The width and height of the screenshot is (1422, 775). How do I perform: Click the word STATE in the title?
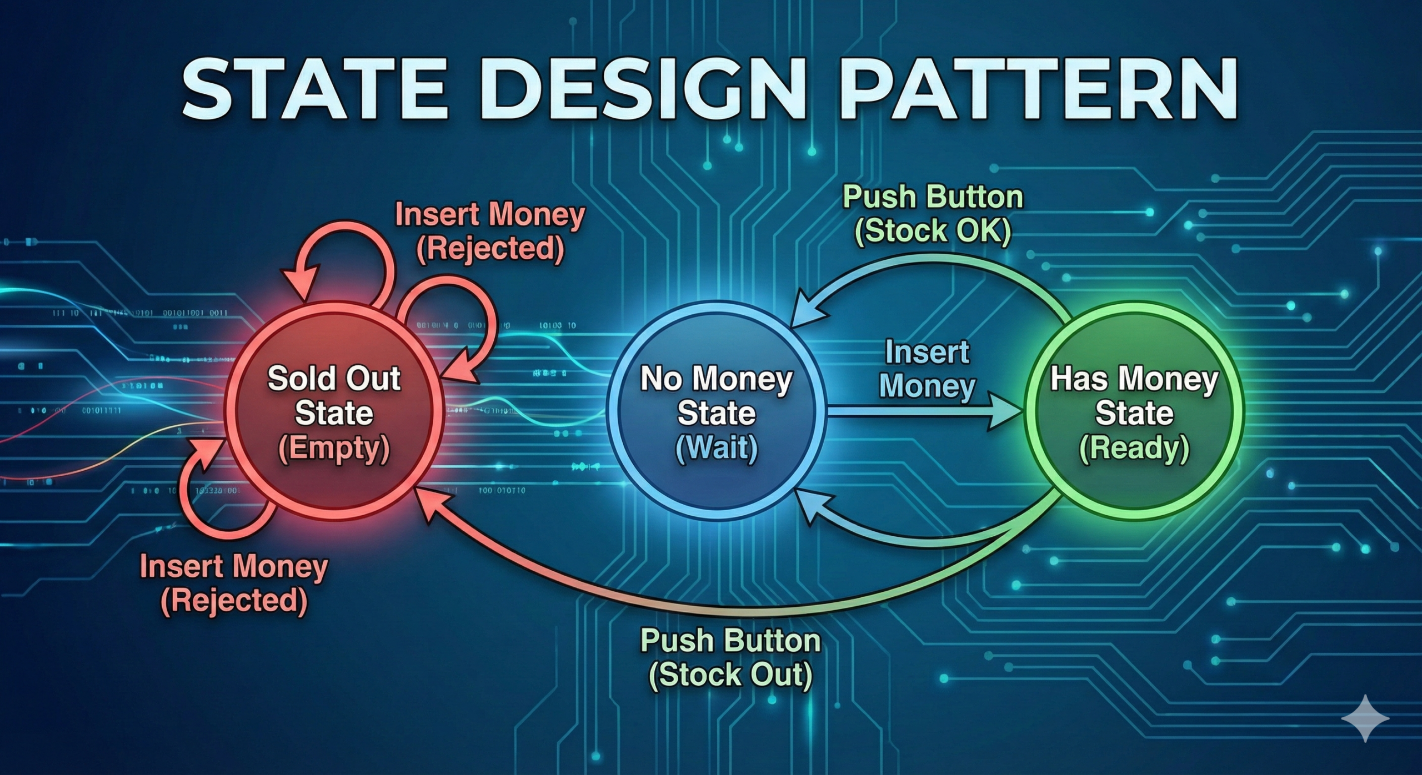pos(314,91)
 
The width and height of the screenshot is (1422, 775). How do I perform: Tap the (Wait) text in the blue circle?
pos(716,447)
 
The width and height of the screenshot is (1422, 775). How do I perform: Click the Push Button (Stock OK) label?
pos(933,214)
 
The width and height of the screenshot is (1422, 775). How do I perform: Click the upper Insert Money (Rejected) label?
pos(490,231)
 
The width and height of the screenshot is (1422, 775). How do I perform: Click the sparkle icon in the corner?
pos(1365,717)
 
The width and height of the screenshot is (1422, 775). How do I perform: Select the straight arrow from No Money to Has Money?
pos(911,412)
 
